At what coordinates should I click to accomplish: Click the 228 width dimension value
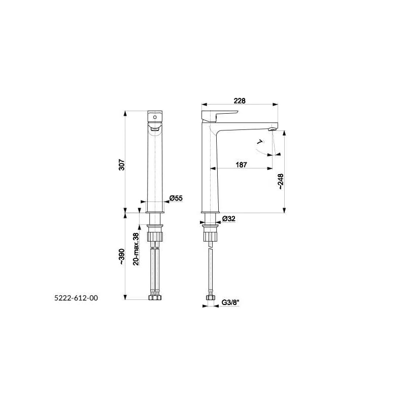[x=240, y=100]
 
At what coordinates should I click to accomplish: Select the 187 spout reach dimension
[x=242, y=164]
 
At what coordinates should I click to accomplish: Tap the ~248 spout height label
[x=281, y=182]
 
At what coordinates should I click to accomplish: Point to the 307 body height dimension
[x=121, y=164]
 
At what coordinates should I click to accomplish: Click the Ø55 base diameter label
[x=176, y=198]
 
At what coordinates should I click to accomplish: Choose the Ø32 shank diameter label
[x=229, y=219]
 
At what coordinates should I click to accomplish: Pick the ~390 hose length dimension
[x=122, y=256]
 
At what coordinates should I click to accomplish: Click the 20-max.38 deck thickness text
[x=136, y=249]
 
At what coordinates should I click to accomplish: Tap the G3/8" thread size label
[x=230, y=302]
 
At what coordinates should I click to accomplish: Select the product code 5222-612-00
[x=76, y=298]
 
